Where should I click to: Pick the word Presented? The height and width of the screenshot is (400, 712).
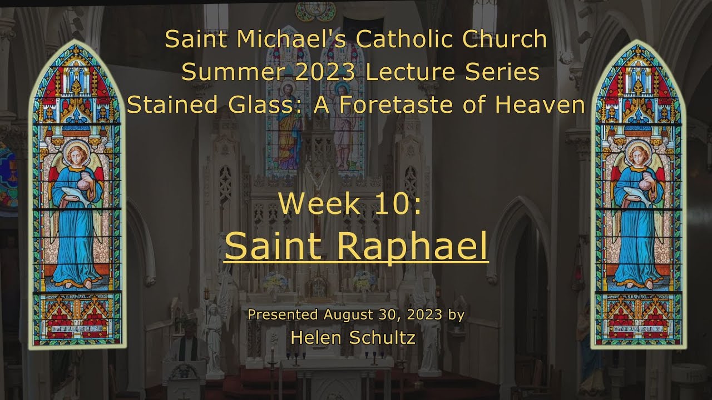[x=282, y=315]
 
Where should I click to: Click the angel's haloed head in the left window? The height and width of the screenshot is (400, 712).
[x=76, y=153]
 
